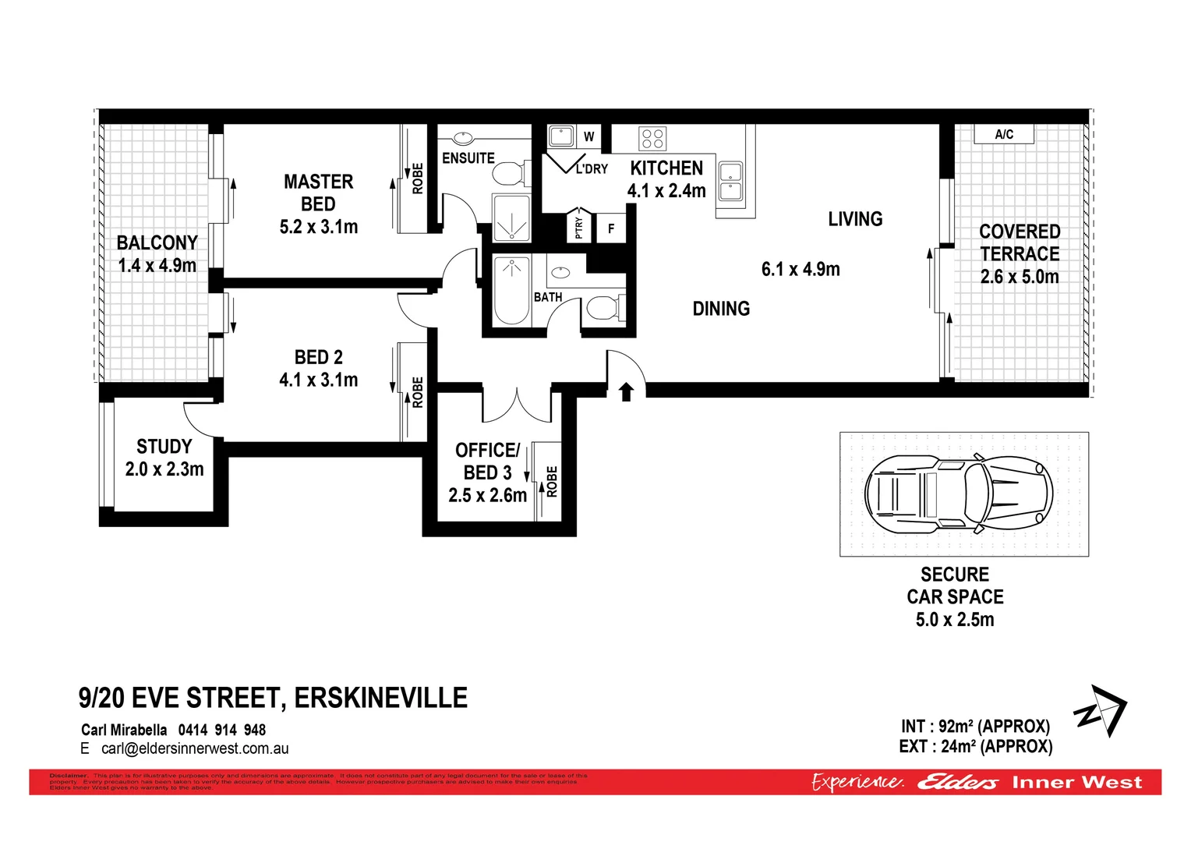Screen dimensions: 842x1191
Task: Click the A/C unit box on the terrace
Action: click(1004, 134)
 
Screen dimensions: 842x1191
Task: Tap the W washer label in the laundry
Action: click(588, 136)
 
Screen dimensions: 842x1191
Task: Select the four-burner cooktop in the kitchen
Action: click(652, 139)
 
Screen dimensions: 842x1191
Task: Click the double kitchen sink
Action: click(730, 181)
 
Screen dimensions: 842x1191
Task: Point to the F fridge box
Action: click(611, 228)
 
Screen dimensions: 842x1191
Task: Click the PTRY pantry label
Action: click(578, 228)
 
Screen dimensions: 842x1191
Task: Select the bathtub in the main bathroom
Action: click(512, 290)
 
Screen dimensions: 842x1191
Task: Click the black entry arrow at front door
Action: click(626, 391)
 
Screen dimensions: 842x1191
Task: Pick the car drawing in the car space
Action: click(959, 494)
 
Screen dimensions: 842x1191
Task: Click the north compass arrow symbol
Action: click(1101, 711)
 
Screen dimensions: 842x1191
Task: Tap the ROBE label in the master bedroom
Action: click(418, 179)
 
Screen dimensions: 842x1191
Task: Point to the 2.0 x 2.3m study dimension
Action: click(164, 469)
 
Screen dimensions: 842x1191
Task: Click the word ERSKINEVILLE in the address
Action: click(380, 698)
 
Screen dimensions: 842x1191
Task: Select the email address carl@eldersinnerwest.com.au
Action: click(195, 748)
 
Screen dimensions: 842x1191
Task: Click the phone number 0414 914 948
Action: click(222, 730)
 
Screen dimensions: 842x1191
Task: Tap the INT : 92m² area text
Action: click(974, 727)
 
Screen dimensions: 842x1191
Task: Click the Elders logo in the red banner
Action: click(957, 782)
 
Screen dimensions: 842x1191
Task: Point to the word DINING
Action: click(721, 309)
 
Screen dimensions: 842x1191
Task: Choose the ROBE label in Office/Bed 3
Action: click(552, 481)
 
